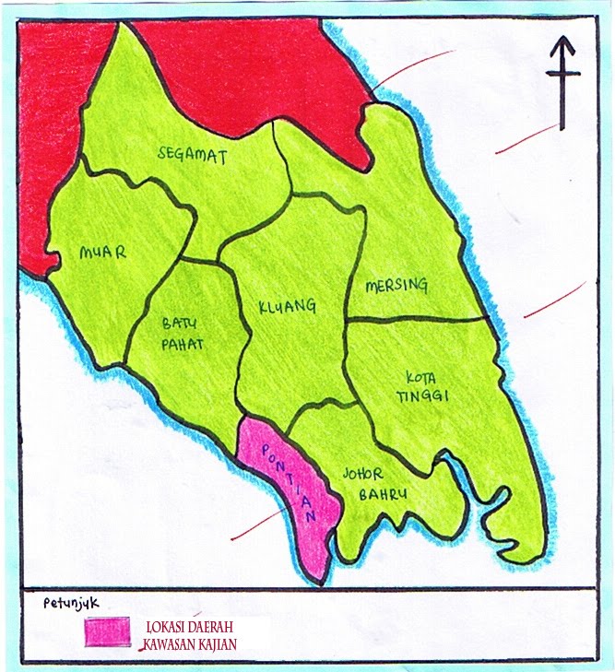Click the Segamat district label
click(x=192, y=154)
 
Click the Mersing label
click(x=396, y=286)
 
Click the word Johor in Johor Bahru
click(x=362, y=474)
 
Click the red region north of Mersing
click(x=267, y=74)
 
